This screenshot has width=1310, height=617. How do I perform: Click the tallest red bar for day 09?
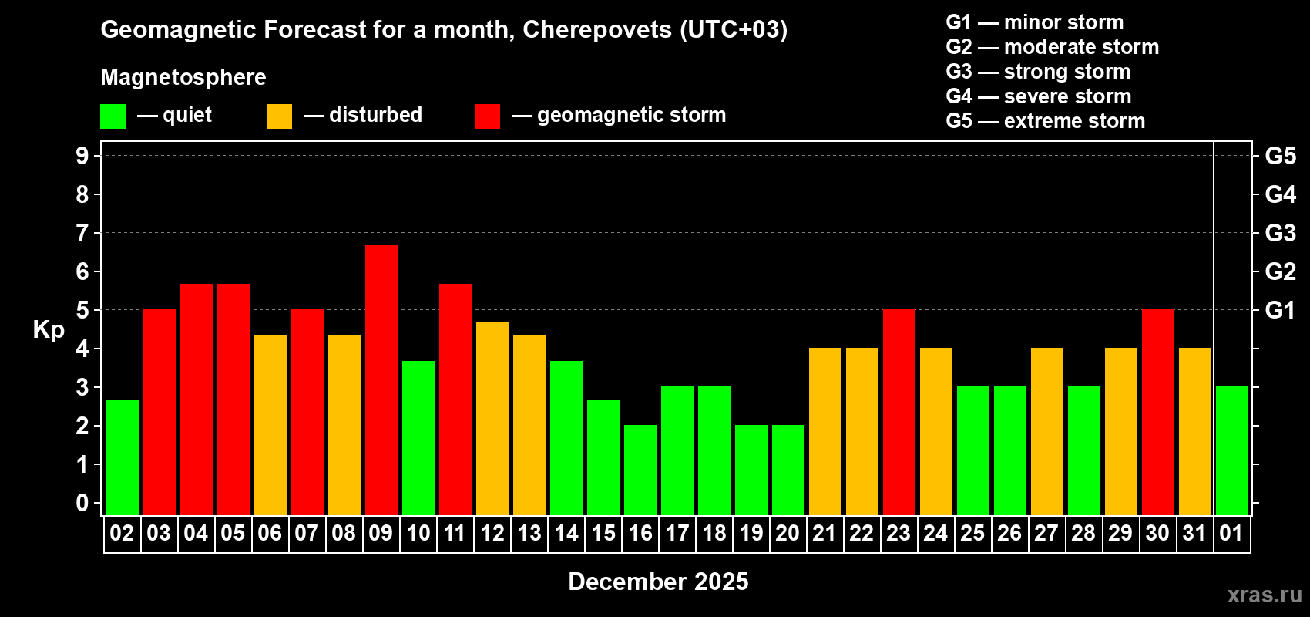(381, 379)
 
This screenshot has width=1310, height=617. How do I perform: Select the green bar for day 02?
(123, 457)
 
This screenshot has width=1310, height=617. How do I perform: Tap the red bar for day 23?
(899, 412)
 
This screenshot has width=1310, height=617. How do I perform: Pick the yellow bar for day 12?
(492, 418)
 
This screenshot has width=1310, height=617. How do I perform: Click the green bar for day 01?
(1232, 450)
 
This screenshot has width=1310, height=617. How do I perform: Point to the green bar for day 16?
(640, 470)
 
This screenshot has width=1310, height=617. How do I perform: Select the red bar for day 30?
(1158, 412)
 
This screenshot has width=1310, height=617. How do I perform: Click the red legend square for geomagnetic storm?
(487, 116)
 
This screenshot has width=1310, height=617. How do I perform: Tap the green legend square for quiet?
(113, 116)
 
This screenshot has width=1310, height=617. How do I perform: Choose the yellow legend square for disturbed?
(279, 116)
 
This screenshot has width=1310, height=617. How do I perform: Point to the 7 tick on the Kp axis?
(82, 233)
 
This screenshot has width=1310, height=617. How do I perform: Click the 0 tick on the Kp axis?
(82, 503)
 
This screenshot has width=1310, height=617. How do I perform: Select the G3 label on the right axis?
(1280, 233)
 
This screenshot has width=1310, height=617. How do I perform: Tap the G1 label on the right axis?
(1280, 310)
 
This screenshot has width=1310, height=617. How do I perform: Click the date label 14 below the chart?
(566, 533)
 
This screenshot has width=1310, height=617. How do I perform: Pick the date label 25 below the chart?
(972, 533)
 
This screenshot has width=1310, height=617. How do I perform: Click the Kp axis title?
(49, 330)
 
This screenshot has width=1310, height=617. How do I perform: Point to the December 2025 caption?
(658, 582)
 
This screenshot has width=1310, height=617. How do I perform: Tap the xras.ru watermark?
(1265, 595)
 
